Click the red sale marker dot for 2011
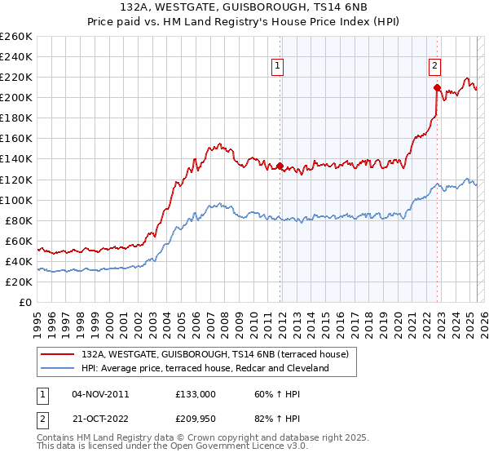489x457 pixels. (x=280, y=166)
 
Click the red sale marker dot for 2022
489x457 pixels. (x=438, y=87)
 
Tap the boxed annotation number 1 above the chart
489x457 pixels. (x=278, y=67)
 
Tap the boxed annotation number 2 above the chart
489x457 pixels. (x=435, y=67)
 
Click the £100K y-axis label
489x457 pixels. (x=15, y=200)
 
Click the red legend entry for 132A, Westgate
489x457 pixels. (x=215, y=354)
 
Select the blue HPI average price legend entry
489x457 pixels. (x=204, y=368)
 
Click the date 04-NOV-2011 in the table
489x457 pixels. (x=100, y=393)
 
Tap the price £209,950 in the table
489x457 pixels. (x=195, y=419)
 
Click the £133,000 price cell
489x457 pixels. (x=195, y=393)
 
